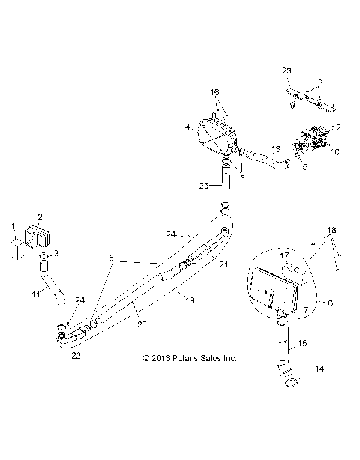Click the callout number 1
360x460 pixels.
[11, 226]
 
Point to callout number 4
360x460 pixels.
[188, 128]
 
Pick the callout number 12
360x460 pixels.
[336, 128]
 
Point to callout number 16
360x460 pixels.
[214, 92]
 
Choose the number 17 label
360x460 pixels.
[284, 256]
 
